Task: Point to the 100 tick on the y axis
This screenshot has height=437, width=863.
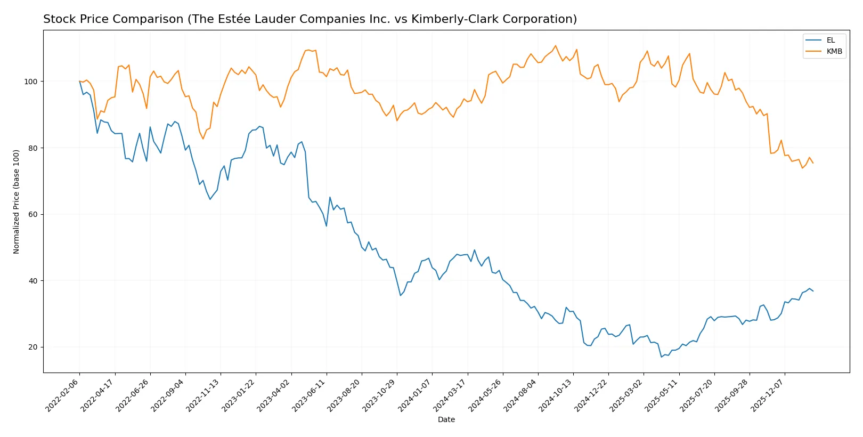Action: point(31,82)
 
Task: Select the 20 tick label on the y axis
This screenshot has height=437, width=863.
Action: point(33,347)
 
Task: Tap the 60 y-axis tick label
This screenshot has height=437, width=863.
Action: point(33,214)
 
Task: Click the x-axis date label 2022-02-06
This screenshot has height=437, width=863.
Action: point(63,395)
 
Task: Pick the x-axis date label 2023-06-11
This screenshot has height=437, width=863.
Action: point(310,395)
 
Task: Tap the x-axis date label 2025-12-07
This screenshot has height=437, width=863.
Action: point(768,395)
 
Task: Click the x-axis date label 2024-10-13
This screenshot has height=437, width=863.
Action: point(556,395)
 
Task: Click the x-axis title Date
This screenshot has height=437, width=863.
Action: point(446,419)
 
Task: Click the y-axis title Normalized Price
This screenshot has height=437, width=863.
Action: point(17,201)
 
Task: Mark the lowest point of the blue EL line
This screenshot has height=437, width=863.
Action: point(661,357)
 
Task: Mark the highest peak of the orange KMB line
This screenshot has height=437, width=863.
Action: point(556,46)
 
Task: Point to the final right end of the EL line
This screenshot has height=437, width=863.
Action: point(813,291)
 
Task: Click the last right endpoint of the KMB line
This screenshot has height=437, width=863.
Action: point(813,163)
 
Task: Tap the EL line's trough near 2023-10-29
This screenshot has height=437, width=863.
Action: point(401,296)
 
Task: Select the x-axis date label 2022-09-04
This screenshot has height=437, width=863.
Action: point(168,395)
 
